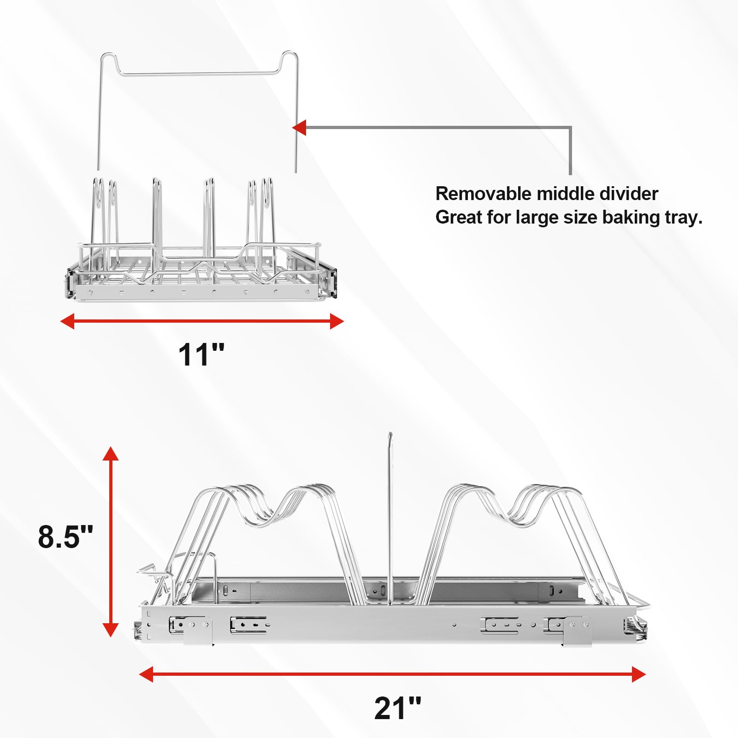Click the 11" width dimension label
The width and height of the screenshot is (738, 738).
pyautogui.click(x=201, y=354)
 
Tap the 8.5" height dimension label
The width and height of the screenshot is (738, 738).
pyautogui.click(x=65, y=537)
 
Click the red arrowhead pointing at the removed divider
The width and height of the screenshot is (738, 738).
pyautogui.click(x=299, y=128)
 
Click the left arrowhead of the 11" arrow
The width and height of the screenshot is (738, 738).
pyautogui.click(x=67, y=321)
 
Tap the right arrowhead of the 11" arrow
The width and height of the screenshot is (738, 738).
pyautogui.click(x=337, y=321)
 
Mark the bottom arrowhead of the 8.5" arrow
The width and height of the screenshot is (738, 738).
pyautogui.click(x=111, y=630)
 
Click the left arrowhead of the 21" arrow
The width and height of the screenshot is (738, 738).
pyautogui.click(x=146, y=674)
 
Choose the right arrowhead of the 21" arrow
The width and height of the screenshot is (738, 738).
pyautogui.click(x=638, y=674)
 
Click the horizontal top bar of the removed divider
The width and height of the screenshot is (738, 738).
pyautogui.click(x=198, y=73)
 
